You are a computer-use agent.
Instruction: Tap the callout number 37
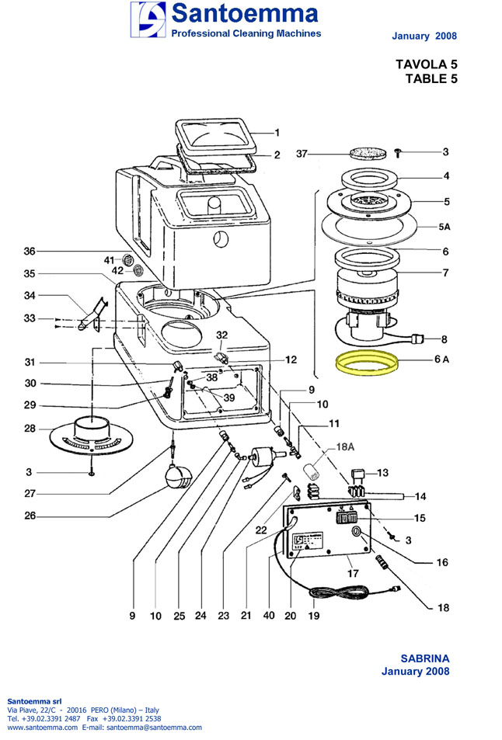302,154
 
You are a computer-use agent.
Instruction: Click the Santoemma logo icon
148,19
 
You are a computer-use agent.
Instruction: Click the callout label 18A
345,448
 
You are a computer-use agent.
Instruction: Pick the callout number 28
30,429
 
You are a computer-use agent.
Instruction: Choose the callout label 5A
444,226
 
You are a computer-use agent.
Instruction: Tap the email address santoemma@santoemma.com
153,728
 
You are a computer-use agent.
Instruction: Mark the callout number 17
352,574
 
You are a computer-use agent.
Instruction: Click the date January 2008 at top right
424,36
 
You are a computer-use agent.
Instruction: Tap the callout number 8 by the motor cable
444,339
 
